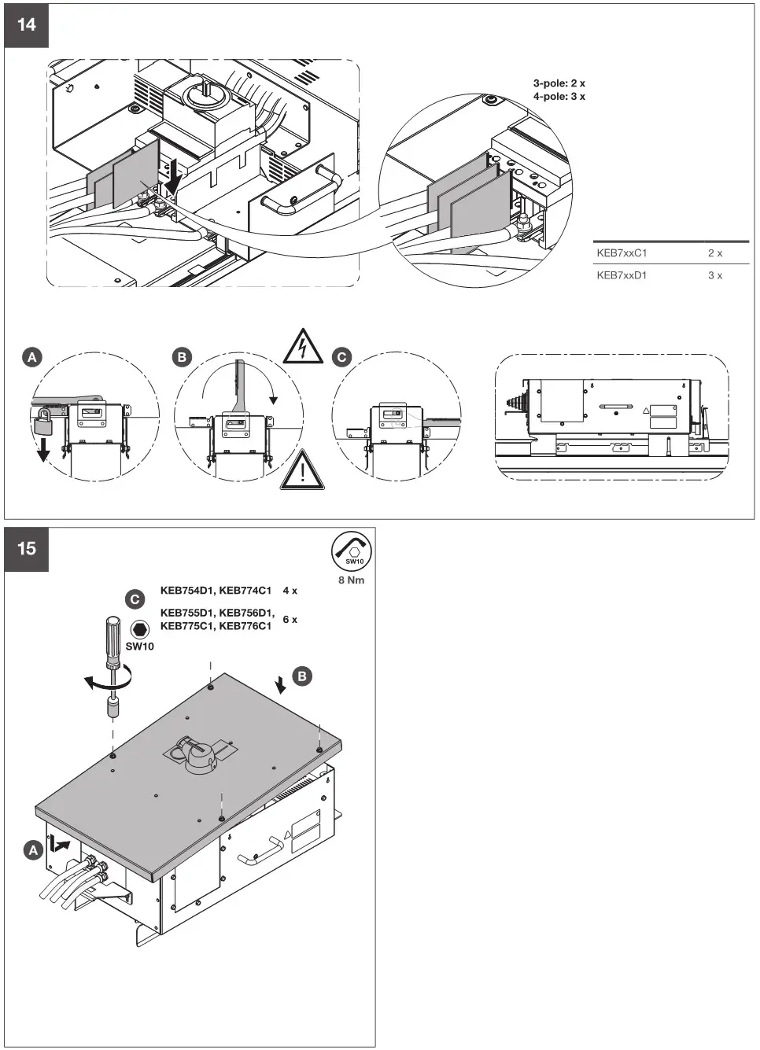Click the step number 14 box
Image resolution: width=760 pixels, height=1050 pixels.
tap(26, 25)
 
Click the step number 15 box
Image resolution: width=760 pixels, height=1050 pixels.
tap(26, 548)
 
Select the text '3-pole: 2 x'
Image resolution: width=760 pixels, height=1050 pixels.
tap(559, 83)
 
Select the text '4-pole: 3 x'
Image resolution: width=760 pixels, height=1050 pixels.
tap(559, 97)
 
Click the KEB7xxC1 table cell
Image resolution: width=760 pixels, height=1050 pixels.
tap(622, 253)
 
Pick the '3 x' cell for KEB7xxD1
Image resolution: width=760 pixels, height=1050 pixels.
tap(714, 275)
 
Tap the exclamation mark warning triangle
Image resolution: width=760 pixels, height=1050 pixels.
tap(301, 471)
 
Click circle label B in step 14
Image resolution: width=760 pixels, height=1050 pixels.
tap(182, 357)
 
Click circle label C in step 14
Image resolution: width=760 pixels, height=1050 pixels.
tap(341, 357)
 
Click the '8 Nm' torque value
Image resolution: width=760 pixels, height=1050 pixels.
tap(352, 580)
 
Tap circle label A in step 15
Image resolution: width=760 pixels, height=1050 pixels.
tap(32, 850)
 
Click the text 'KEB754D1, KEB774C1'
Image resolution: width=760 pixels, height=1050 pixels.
tap(216, 591)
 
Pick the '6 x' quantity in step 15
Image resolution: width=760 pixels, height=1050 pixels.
tap(290, 620)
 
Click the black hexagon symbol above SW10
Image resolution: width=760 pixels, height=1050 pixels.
tap(140, 629)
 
